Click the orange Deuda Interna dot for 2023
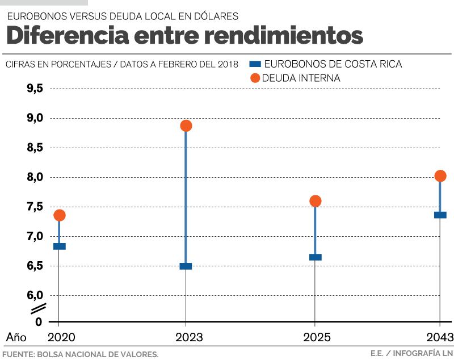click(186, 125)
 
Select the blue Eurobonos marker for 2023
click(186, 266)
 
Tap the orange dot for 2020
click(60, 215)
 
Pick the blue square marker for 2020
click(60, 246)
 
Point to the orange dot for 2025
click(316, 201)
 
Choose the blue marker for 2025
click(316, 257)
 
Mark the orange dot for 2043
click(440, 176)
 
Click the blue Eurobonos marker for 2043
click(440, 215)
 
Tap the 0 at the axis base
click(39, 322)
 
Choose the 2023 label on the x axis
click(186, 337)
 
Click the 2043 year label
click(439, 337)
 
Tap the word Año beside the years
click(16, 337)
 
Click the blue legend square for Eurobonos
click(255, 64)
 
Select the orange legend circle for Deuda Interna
click(255, 78)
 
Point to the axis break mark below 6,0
click(38, 309)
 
